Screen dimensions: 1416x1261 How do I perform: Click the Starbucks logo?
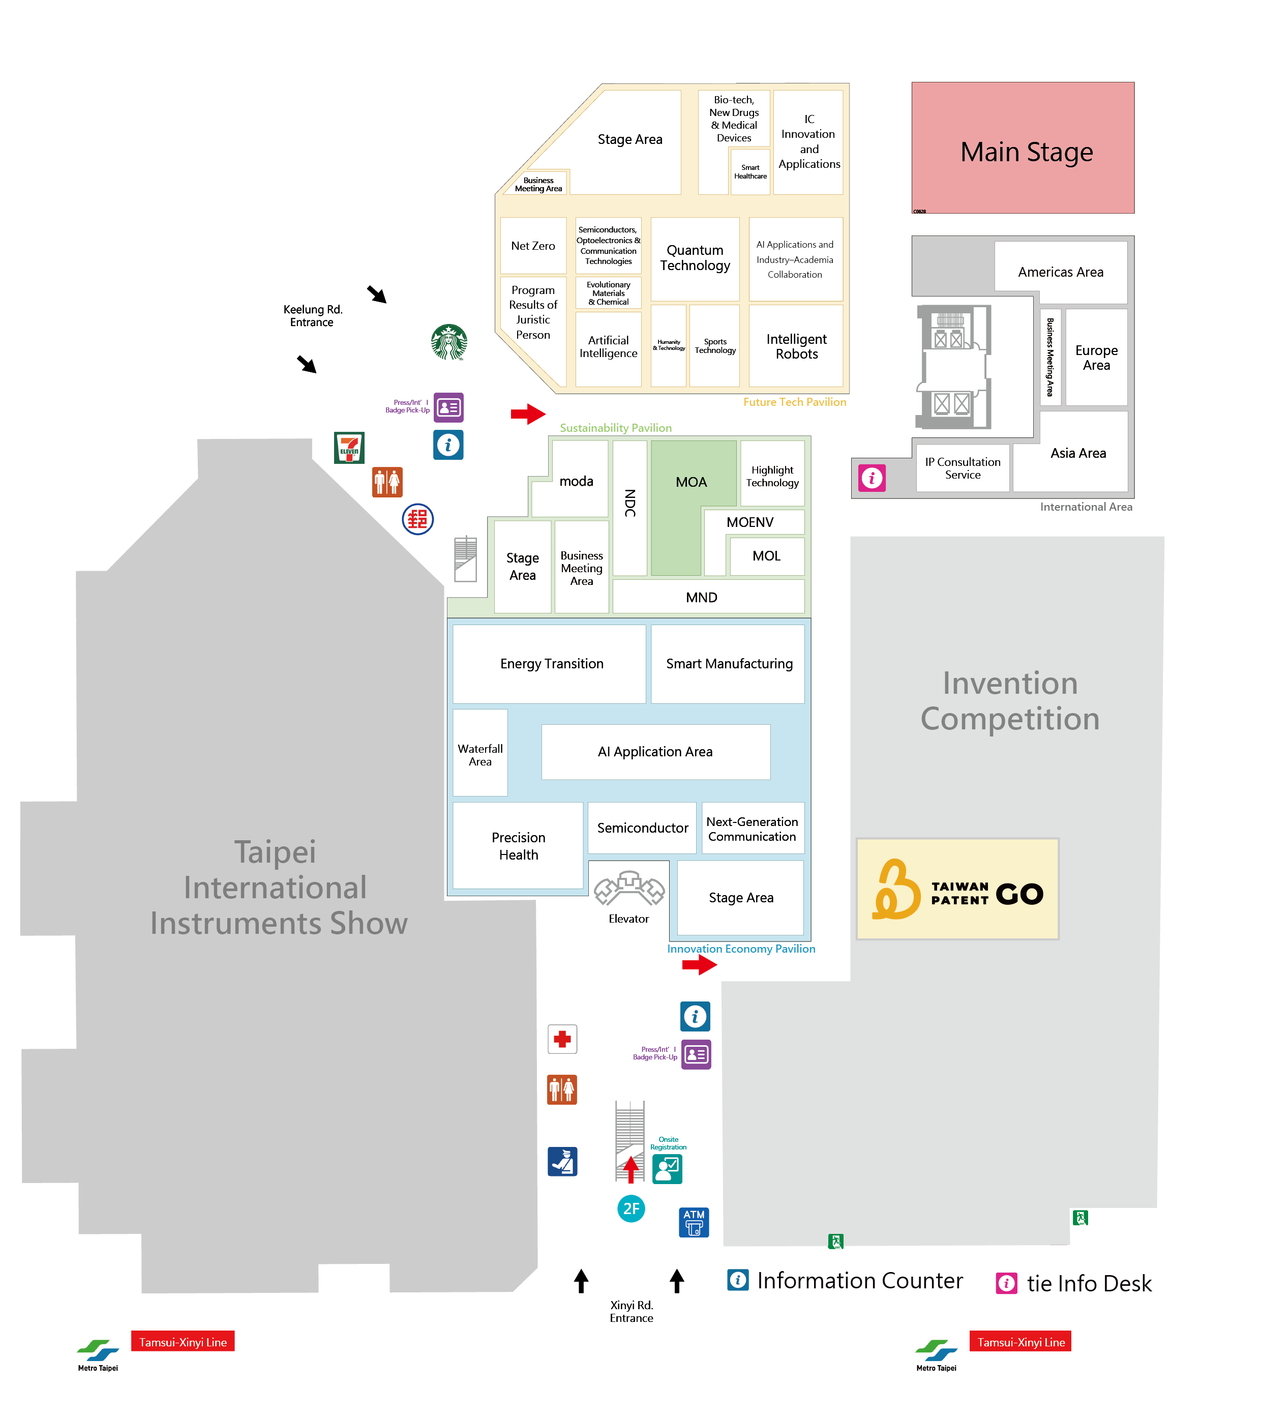coord(449,342)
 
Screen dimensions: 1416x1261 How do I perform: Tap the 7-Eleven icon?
coord(349,448)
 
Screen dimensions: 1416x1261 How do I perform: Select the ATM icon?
coord(694,1222)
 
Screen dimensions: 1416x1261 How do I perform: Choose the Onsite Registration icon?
coord(667,1169)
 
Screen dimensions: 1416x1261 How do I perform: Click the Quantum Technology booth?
coord(695,258)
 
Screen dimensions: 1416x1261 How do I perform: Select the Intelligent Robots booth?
coord(796,346)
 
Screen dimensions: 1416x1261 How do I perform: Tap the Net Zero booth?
coord(533,246)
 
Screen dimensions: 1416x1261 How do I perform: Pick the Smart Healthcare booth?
coord(750,171)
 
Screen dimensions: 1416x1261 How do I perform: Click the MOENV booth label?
coord(749,522)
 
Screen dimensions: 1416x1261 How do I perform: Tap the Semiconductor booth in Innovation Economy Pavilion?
coord(642,828)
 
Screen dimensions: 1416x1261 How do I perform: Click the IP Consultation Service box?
coord(963,468)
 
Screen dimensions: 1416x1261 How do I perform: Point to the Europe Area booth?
coord(1096,357)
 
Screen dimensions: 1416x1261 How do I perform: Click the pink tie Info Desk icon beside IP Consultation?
coord(872,478)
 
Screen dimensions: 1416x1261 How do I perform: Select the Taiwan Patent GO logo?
coord(957,889)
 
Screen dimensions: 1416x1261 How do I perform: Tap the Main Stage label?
coord(1026,152)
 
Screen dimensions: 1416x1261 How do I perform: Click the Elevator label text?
coord(628,919)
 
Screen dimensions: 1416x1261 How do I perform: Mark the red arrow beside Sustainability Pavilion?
coord(528,414)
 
